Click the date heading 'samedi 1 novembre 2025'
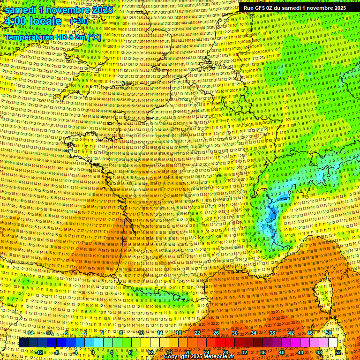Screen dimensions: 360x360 (x=59, y=9)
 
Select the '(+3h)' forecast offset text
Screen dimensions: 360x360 (x=78, y=21)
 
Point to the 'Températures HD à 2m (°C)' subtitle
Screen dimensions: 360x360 (x=52, y=37)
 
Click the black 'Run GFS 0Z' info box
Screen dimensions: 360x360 (x=294, y=7)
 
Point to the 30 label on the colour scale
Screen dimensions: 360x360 (x=235, y=333)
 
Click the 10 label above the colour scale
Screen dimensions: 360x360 (x=141, y=333)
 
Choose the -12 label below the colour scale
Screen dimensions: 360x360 (x=39, y=352)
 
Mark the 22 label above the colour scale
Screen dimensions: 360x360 (x=197, y=333)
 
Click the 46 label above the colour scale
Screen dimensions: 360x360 (x=310, y=333)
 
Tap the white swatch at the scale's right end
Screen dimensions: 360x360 (x=333, y=343)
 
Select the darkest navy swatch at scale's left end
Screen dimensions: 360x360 (x=23, y=343)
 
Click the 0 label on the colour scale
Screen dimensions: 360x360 (x=94, y=352)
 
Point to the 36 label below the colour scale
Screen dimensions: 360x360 (x=263, y=352)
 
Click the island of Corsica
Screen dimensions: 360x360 (x=323, y=291)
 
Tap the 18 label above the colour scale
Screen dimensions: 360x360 (x=179, y=333)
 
